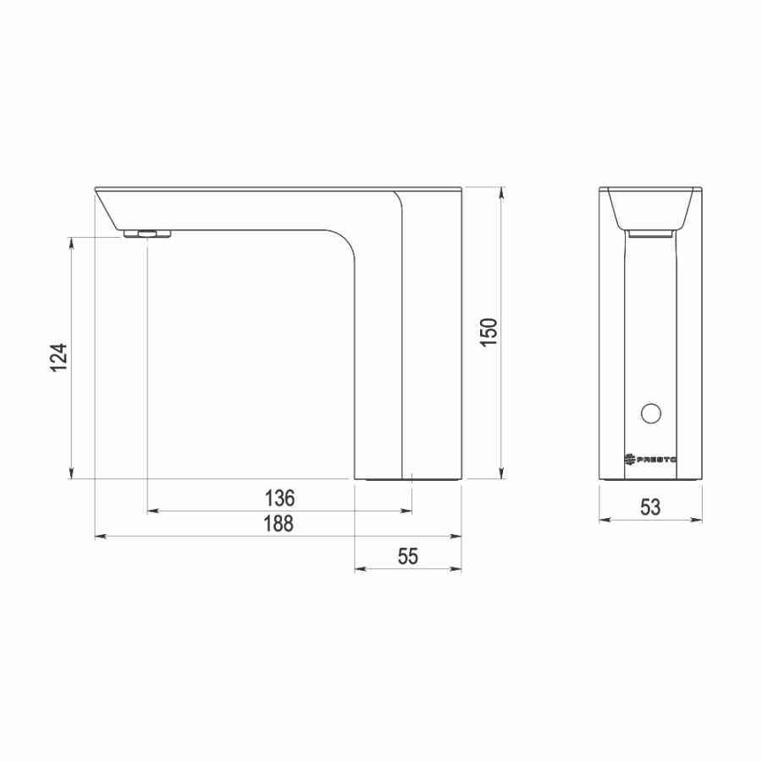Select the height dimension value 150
click(x=489, y=332)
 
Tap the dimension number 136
click(x=280, y=496)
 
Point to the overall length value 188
click(x=278, y=523)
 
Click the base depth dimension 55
click(x=408, y=556)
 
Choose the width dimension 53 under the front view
click(x=650, y=507)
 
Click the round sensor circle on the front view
click(x=650, y=413)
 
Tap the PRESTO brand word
click(x=658, y=459)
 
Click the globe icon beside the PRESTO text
click(x=631, y=459)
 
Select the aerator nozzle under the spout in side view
click(x=146, y=234)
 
